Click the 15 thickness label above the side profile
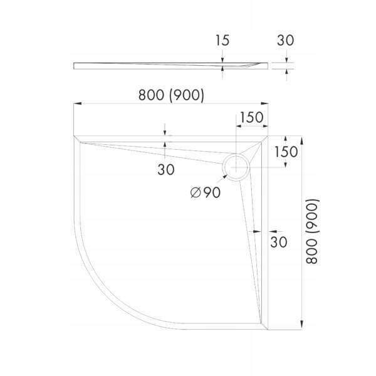click(x=222, y=41)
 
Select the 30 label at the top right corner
click(x=286, y=41)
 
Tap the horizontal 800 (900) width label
click(x=171, y=95)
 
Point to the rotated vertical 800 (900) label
click(x=313, y=231)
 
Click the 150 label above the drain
click(x=250, y=117)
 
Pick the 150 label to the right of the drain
click(x=286, y=151)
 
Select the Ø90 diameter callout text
click(x=204, y=193)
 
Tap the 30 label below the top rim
click(x=165, y=169)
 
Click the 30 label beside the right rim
click(x=278, y=241)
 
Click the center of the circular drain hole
click(x=236, y=167)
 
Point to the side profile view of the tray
click(x=169, y=65)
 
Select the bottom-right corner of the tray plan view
click(x=268, y=328)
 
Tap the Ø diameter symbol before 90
click(x=194, y=193)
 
